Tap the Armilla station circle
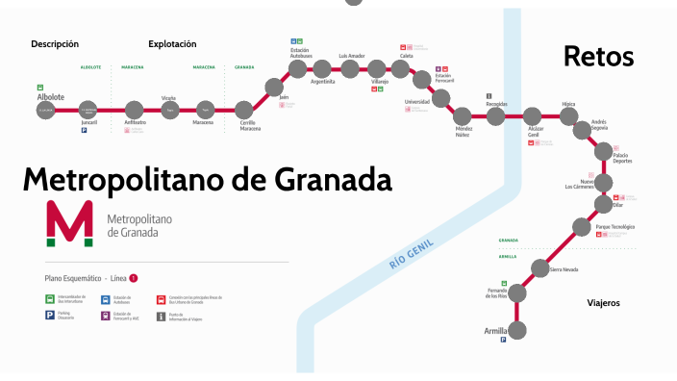click(516, 330)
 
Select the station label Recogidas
click(496, 103)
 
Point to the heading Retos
click(598, 56)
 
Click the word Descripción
click(55, 44)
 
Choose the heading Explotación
click(172, 44)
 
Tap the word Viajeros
click(603, 303)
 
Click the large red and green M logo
click(69, 224)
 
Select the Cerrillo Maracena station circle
click(245, 111)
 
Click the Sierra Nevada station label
click(564, 270)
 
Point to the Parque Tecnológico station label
click(615, 226)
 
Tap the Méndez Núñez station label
click(464, 131)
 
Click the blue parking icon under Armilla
click(503, 340)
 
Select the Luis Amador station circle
click(352, 68)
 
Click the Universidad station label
click(416, 101)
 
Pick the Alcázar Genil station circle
click(534, 117)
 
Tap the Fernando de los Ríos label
click(504, 293)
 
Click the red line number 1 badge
click(134, 278)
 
